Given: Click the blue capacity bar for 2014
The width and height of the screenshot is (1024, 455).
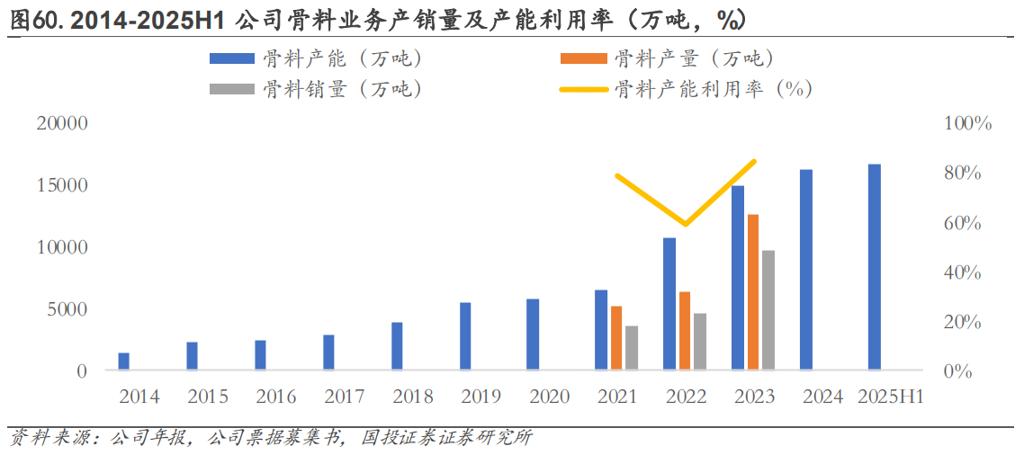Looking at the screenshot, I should pyautogui.click(x=123, y=361).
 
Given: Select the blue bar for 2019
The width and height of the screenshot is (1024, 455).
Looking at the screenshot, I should pyautogui.click(x=465, y=335).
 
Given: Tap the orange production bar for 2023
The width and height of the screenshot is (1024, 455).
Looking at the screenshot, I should pyautogui.click(x=753, y=291).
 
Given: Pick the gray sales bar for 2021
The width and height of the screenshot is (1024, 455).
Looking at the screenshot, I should pyautogui.click(x=632, y=347).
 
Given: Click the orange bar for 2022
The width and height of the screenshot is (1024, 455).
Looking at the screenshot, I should pyautogui.click(x=685, y=330).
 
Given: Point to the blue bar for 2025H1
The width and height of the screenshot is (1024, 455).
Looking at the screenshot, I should pyautogui.click(x=875, y=266).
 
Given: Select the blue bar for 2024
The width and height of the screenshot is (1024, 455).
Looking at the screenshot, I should pyautogui.click(x=806, y=269).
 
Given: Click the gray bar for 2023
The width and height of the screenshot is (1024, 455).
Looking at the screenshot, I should pyautogui.click(x=768, y=309).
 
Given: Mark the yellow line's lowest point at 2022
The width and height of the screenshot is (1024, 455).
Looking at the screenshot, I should pyautogui.click(x=685, y=224).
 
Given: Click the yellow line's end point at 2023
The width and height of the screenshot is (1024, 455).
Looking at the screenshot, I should pyautogui.click(x=754, y=162).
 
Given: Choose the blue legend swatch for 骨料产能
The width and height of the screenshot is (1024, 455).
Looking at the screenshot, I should pyautogui.click(x=232, y=59).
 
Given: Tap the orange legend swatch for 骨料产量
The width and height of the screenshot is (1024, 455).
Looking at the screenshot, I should pyautogui.click(x=583, y=59).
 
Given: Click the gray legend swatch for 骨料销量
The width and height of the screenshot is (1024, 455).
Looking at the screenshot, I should pyautogui.click(x=232, y=89).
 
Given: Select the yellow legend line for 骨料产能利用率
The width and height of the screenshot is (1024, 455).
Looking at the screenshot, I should pyautogui.click(x=583, y=89).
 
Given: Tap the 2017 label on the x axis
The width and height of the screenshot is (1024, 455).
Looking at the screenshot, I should pyautogui.click(x=344, y=397).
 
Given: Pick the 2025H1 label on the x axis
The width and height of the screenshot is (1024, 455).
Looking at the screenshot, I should pyautogui.click(x=891, y=397).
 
